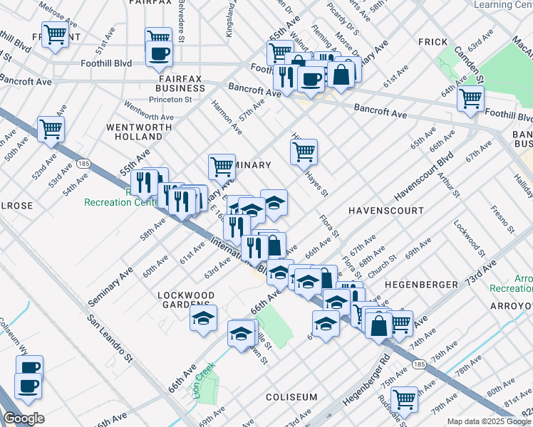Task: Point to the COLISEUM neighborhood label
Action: pos(291,396)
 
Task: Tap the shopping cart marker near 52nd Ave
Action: pos(51,129)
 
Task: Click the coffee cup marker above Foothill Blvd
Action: pos(158,53)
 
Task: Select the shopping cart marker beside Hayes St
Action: pos(304,150)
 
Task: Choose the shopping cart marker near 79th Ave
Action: pos(405,399)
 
